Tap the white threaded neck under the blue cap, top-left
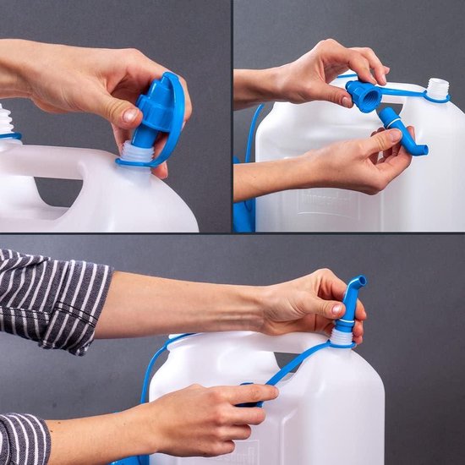[137, 154]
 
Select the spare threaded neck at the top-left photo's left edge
[7, 120]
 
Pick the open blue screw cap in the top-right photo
[364, 95]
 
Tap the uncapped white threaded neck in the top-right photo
[436, 87]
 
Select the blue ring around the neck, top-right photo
[437, 99]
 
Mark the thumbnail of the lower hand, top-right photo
[393, 135]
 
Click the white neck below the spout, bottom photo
[341, 336]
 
